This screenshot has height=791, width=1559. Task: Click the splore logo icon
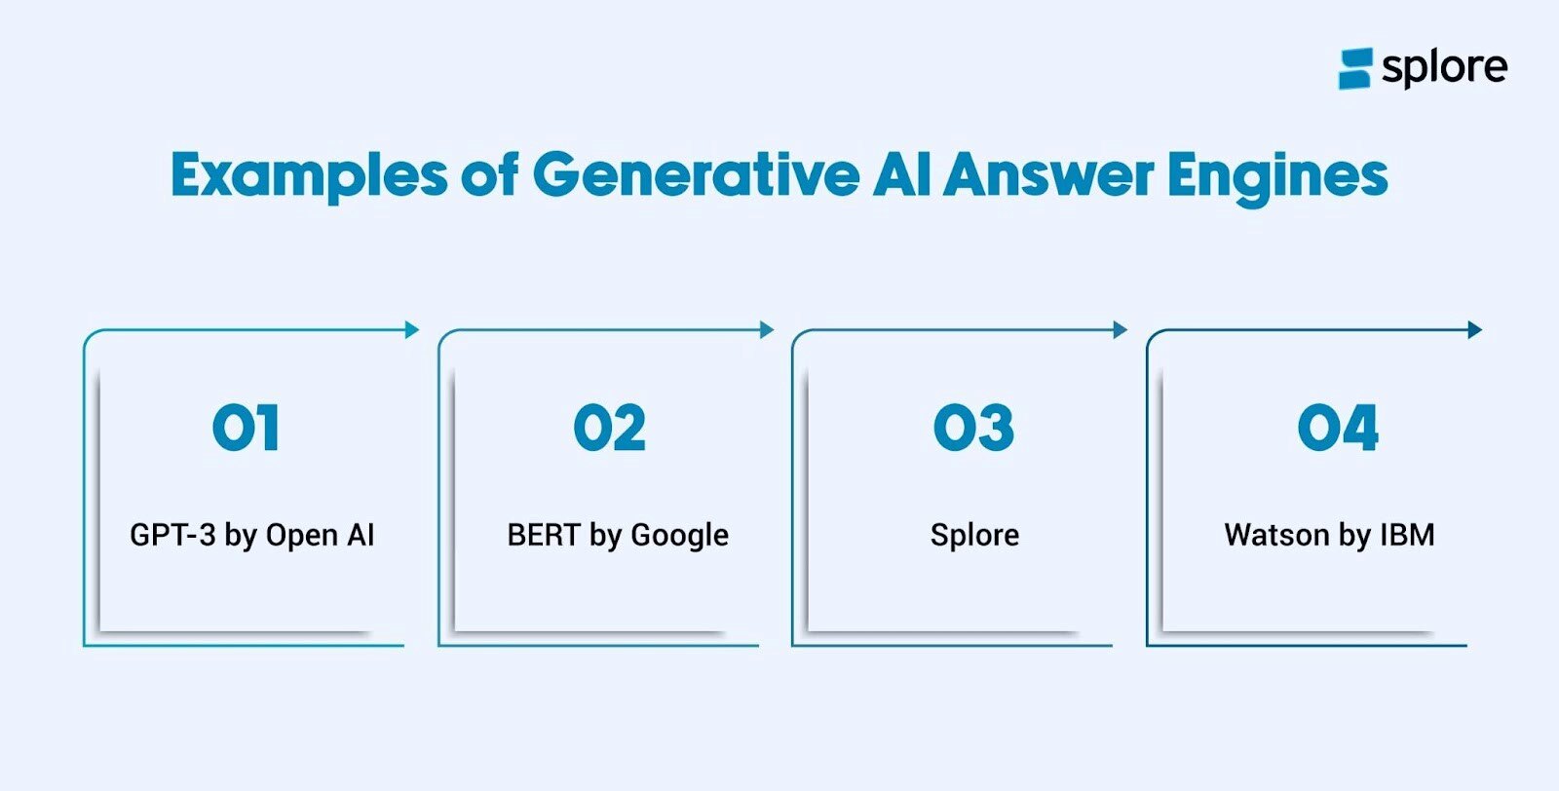[1355, 68]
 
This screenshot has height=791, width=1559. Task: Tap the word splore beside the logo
[1444, 67]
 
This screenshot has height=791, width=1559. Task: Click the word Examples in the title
[309, 175]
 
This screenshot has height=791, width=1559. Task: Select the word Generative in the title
[696, 175]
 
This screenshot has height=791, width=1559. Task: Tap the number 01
[247, 428]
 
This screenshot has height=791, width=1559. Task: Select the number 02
[610, 428]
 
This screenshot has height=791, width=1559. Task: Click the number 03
[973, 428]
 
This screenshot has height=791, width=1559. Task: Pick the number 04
[1338, 428]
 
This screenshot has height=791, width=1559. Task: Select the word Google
[680, 536]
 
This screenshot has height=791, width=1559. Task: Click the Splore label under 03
[974, 535]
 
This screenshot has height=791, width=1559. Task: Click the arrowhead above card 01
[412, 330]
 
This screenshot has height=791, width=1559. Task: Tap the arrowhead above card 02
[767, 330]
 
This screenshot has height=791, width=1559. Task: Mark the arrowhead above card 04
[1475, 330]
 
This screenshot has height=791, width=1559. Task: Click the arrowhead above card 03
[1121, 330]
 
